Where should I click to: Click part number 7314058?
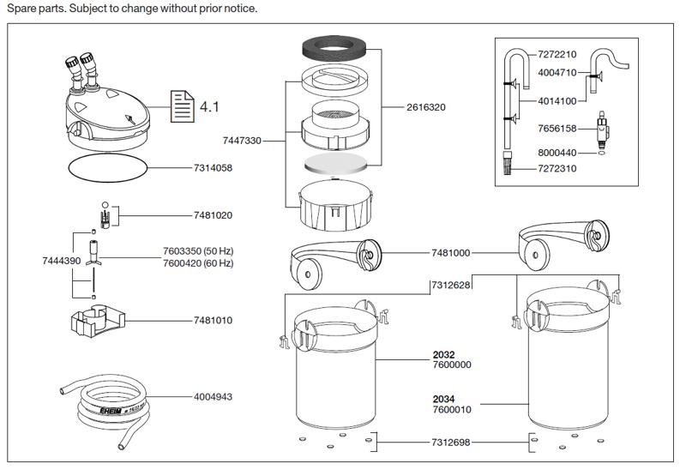pos(213,167)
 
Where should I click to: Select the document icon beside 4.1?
pos(182,106)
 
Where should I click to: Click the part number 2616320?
pos(425,107)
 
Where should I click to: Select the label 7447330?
pos(242,141)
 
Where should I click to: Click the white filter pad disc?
pos(336,163)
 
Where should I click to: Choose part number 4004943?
pos(213,397)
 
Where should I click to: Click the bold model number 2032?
pos(443,354)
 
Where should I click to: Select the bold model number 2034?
pos(443,399)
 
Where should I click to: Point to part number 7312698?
pos(451,443)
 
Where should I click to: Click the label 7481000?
pos(451,253)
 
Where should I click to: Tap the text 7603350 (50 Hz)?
pos(198,251)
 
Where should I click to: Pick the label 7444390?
pos(62,261)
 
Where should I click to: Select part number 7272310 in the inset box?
pos(557,168)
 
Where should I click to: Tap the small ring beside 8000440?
pos(602,153)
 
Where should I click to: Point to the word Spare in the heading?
pos(21,9)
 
